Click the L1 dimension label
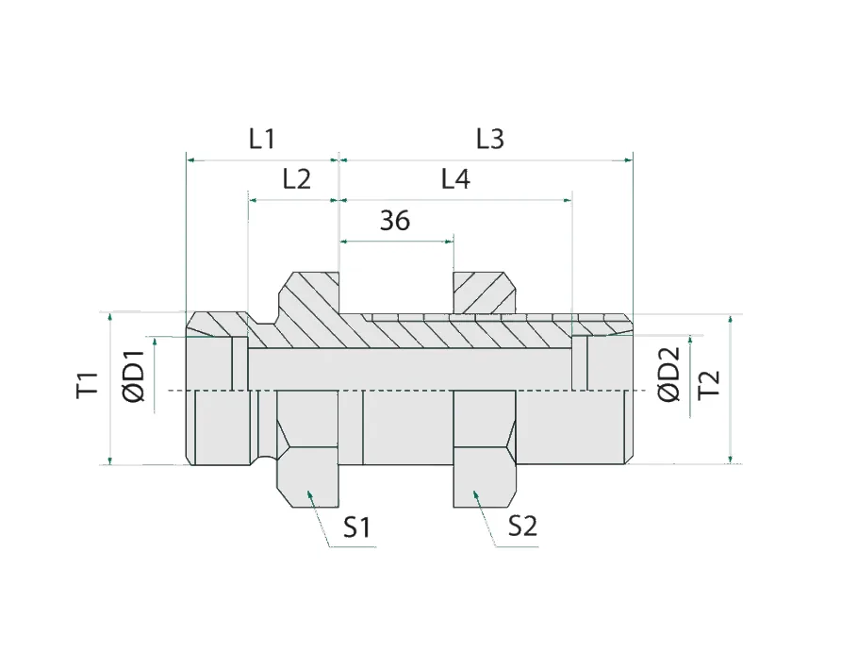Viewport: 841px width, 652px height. tap(261, 139)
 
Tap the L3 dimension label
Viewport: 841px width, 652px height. tap(490, 139)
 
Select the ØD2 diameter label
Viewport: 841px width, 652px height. tap(668, 376)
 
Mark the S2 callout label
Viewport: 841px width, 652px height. tap(522, 527)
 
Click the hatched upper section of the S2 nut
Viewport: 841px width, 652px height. tap(484, 293)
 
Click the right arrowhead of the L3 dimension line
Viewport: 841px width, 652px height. tap(627, 160)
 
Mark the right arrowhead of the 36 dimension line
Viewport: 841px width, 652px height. tap(450, 242)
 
